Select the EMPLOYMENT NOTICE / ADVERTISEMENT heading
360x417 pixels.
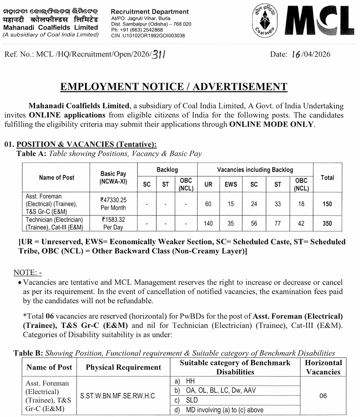click(180, 87)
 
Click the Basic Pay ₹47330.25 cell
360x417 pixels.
click(113, 204)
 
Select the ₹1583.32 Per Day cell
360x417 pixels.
click(113, 223)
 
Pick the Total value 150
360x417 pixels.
click(327, 204)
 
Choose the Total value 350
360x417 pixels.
click(327, 223)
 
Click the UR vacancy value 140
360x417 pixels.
click(208, 223)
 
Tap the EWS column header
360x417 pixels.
click(231, 184)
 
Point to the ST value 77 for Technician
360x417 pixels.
click(278, 223)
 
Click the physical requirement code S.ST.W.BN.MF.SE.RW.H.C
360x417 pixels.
click(117, 395)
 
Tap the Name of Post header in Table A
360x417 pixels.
click(57, 177)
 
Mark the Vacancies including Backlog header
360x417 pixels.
click(255, 170)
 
